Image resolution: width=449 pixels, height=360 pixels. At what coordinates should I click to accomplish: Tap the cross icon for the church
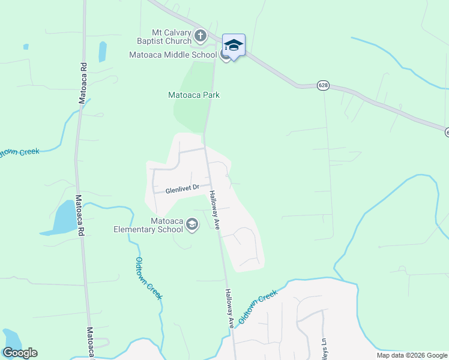(x=200, y=36)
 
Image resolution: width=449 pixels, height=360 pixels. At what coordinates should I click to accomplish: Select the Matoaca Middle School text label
(x=173, y=55)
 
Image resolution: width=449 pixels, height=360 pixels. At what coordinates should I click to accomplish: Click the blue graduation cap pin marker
(x=234, y=45)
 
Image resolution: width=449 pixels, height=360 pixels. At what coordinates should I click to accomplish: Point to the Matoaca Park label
(x=193, y=95)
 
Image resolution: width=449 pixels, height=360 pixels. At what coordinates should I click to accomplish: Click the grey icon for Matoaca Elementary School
(x=192, y=225)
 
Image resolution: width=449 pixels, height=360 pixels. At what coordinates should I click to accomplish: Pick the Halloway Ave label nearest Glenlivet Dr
(x=214, y=210)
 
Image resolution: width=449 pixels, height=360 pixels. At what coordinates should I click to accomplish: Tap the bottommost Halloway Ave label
(x=230, y=308)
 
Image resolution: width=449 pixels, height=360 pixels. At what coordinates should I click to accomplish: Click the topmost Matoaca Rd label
(x=82, y=83)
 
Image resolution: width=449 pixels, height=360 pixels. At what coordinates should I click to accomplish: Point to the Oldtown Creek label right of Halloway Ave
(x=258, y=307)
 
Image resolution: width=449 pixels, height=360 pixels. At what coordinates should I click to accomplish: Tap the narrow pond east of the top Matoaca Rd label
(x=103, y=52)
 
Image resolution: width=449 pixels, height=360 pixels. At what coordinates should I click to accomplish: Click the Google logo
(x=20, y=353)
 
